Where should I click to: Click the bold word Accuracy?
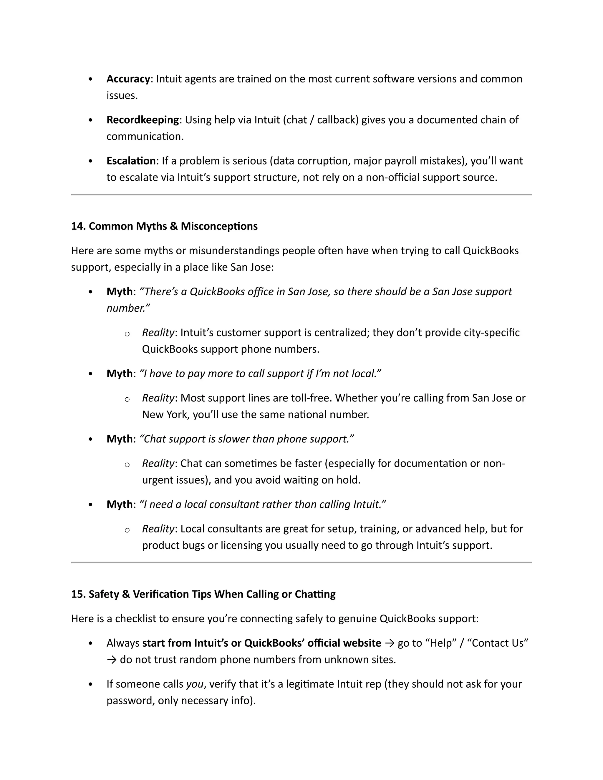128,79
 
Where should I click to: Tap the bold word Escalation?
131,161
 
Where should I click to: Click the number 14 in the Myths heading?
77,226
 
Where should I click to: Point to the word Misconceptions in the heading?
219,226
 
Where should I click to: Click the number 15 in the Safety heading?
77,594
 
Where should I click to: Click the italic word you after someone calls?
195,684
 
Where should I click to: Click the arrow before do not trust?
112,660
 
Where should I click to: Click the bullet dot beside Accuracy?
90,79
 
